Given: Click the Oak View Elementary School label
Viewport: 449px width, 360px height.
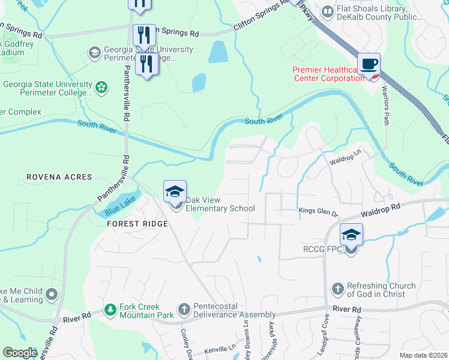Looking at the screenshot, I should [220, 204].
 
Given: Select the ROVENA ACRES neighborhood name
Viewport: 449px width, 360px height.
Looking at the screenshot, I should [59, 178].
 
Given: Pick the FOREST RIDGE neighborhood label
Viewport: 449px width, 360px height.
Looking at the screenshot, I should [137, 223].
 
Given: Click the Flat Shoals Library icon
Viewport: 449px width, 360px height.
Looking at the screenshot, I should [327, 11].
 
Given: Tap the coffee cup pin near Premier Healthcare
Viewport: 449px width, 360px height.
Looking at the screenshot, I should [368, 64].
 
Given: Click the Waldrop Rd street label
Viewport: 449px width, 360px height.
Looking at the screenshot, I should [380, 210].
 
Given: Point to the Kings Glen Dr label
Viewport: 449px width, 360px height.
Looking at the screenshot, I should [319, 211].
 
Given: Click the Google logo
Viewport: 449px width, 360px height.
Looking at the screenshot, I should [20, 352].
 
